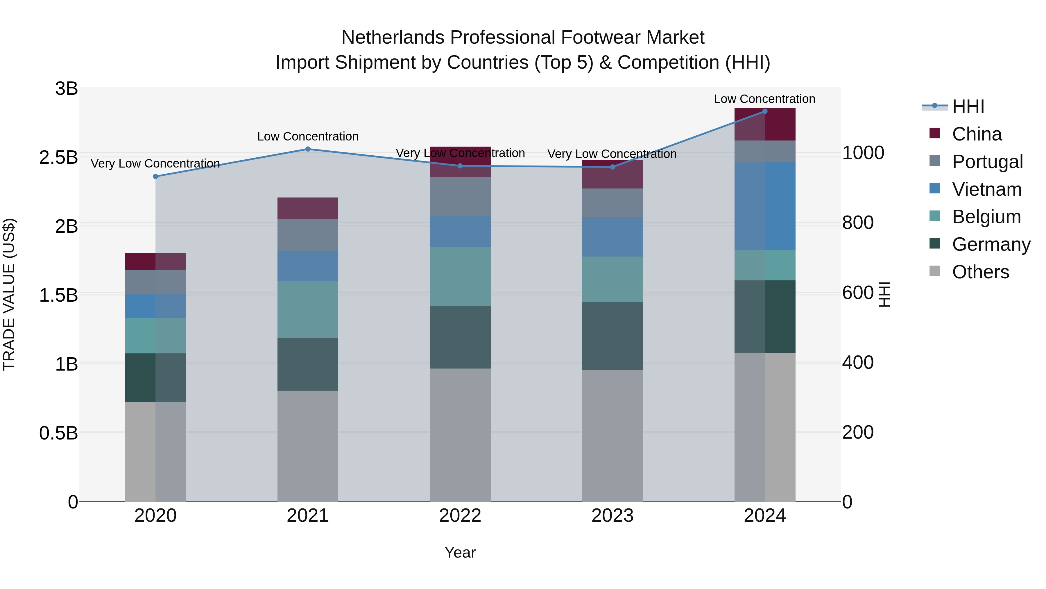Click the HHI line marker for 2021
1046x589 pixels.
click(x=307, y=149)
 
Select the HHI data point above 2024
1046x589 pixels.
click(x=765, y=111)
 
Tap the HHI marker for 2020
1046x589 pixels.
click(x=155, y=177)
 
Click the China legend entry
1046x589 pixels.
click(x=977, y=134)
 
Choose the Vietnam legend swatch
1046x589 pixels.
click(x=934, y=188)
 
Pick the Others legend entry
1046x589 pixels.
click(x=980, y=272)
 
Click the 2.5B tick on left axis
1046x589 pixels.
click(x=58, y=158)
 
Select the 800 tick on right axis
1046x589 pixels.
click(x=858, y=223)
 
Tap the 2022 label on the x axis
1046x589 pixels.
click(x=460, y=516)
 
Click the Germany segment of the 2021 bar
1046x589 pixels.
click(x=307, y=364)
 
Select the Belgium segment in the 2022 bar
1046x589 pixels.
click(x=460, y=276)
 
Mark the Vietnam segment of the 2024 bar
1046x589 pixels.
click(x=765, y=206)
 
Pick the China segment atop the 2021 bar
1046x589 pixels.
click(x=307, y=208)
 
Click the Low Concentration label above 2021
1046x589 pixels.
click(x=307, y=137)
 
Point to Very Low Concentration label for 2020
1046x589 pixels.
click(x=155, y=163)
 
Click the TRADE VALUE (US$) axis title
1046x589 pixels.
click(x=9, y=294)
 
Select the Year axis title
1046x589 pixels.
click(x=460, y=552)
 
